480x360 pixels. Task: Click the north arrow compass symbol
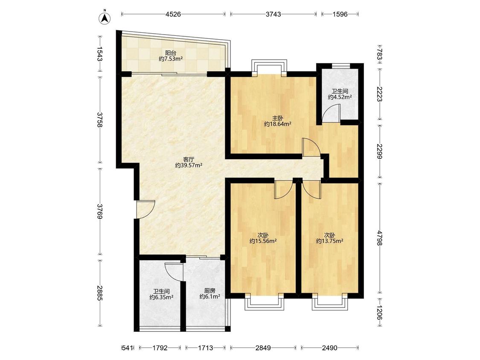click(105, 17)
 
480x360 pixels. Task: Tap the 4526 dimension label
click(173, 14)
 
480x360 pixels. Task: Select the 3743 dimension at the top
click(273, 14)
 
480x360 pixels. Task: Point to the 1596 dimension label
click(340, 14)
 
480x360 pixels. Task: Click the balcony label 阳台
click(171, 53)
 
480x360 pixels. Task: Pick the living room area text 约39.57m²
click(188, 165)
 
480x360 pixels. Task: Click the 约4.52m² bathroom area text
click(340, 97)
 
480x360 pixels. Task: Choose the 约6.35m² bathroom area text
click(162, 297)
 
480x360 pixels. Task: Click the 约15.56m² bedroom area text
click(263, 241)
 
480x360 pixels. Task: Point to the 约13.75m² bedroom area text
click(329, 241)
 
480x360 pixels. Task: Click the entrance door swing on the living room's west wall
click(146, 209)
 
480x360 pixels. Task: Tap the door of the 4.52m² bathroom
click(332, 113)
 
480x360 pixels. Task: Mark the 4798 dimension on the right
click(380, 238)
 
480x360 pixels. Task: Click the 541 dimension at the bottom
click(127, 348)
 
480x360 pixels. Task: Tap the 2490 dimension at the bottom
click(329, 348)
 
